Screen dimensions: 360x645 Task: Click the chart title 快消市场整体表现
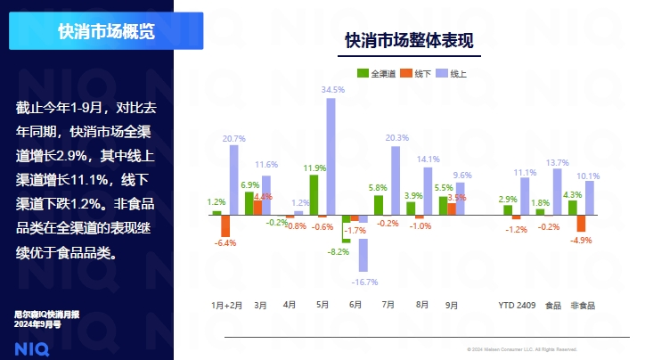(x=409, y=41)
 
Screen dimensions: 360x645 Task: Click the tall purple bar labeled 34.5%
(x=331, y=156)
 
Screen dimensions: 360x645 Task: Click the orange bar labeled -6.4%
(x=225, y=225)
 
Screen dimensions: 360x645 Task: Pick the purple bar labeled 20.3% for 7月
(x=396, y=180)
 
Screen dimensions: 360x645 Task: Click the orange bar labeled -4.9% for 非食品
(x=581, y=223)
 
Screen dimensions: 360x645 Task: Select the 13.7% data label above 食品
(x=557, y=163)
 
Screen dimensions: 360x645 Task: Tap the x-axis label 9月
(x=452, y=305)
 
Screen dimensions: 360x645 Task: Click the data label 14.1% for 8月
(x=429, y=160)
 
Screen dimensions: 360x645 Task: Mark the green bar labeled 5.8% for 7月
(x=379, y=205)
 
